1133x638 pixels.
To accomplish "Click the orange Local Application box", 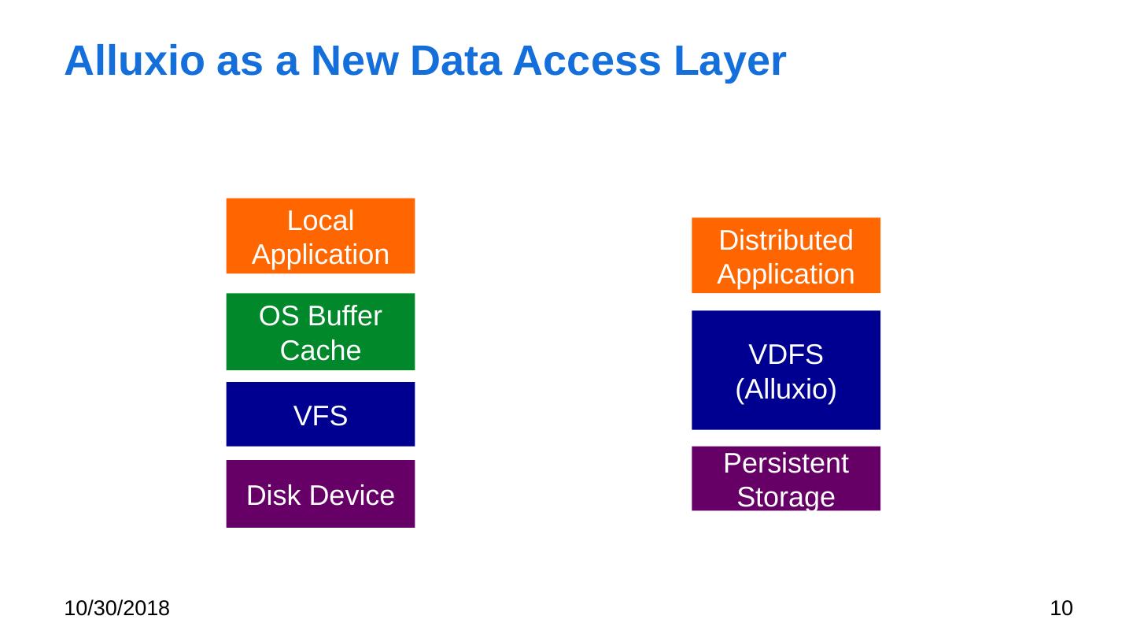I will [320, 236].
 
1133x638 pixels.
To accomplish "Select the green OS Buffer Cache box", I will [320, 332].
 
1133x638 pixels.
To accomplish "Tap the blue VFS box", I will [320, 414].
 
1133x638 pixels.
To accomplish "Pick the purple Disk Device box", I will [320, 494].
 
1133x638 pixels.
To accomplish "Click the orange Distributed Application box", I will [786, 255].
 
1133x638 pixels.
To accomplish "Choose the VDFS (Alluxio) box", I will [786, 370].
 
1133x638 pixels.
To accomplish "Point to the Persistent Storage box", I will [786, 479].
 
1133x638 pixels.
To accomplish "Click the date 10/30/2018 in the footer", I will [117, 608].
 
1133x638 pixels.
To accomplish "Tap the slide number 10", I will [1062, 608].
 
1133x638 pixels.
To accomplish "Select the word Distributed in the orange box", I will [786, 240].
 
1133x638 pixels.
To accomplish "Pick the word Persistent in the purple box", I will [786, 464].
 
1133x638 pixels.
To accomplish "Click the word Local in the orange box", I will [320, 221].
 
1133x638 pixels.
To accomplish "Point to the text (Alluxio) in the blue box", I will [786, 388].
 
